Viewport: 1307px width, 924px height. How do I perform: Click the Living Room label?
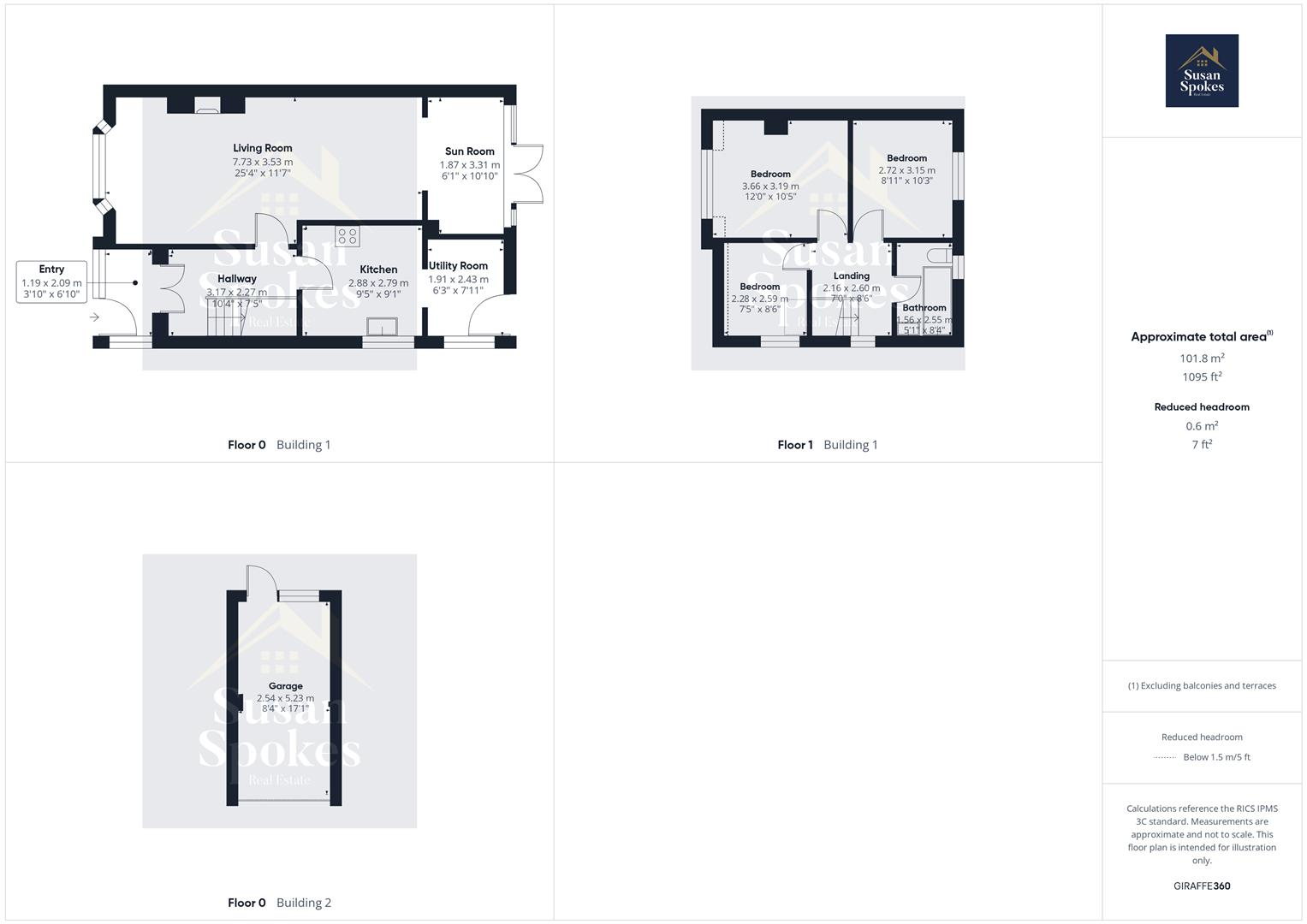pyautogui.click(x=262, y=148)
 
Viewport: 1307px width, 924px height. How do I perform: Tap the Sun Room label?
pyautogui.click(x=469, y=151)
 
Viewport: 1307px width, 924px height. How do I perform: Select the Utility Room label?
pyautogui.click(x=458, y=266)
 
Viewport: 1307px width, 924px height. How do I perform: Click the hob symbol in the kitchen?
pyautogui.click(x=348, y=235)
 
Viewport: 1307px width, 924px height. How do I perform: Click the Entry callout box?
pyautogui.click(x=51, y=282)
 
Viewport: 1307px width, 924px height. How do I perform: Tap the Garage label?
pyautogui.click(x=285, y=686)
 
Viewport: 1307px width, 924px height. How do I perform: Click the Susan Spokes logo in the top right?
pyautogui.click(x=1202, y=71)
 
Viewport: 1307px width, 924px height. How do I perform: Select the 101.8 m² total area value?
pyautogui.click(x=1202, y=358)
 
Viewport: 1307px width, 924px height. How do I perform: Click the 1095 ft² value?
pyautogui.click(x=1202, y=377)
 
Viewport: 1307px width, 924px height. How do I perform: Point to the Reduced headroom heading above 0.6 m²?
pyautogui.click(x=1202, y=407)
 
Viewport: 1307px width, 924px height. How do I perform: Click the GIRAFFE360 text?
pyautogui.click(x=1202, y=886)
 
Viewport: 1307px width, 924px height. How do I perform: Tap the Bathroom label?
pyautogui.click(x=924, y=308)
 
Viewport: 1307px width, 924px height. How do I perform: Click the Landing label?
pyautogui.click(x=851, y=275)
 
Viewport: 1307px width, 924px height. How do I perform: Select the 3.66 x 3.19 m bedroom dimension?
pyautogui.click(x=770, y=186)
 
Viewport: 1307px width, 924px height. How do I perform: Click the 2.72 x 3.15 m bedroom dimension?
pyautogui.click(x=906, y=170)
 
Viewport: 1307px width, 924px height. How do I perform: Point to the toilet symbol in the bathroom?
pyautogui.click(x=937, y=255)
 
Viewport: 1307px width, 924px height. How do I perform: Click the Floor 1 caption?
pyautogui.click(x=794, y=445)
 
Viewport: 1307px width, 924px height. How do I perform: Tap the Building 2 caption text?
pyautogui.click(x=303, y=903)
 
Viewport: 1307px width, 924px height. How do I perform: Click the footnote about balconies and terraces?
pyautogui.click(x=1202, y=686)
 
